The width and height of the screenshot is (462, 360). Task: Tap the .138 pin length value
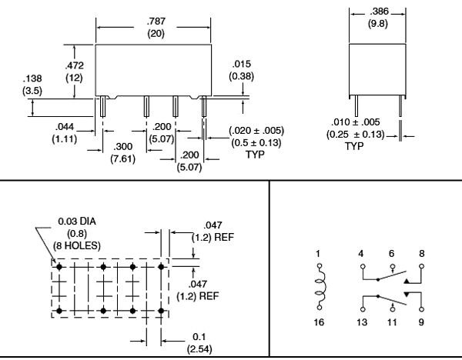(x=33, y=78)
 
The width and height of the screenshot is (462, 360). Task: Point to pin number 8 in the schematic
(x=422, y=252)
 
